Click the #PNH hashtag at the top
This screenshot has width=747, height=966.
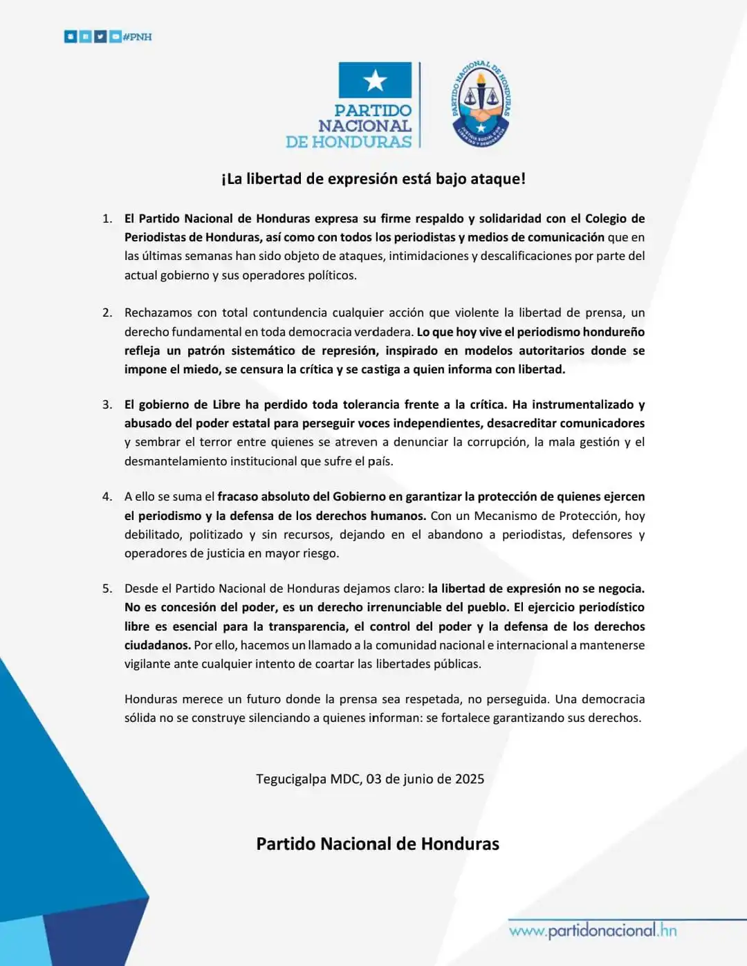pyautogui.click(x=137, y=37)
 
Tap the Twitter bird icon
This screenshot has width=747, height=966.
pyautogui.click(x=100, y=37)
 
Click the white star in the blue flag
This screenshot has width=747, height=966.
pyautogui.click(x=375, y=81)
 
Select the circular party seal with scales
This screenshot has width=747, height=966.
pyautogui.click(x=481, y=104)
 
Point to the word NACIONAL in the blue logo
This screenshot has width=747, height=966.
pyautogui.click(x=365, y=126)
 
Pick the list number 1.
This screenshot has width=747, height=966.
pyautogui.click(x=107, y=219)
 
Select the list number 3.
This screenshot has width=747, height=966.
pyautogui.click(x=107, y=405)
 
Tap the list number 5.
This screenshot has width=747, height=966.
pyautogui.click(x=107, y=588)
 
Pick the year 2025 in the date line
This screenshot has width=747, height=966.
pyautogui.click(x=470, y=779)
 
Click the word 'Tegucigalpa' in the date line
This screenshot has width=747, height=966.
pyautogui.click(x=290, y=779)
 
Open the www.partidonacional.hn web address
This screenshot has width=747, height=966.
pyautogui.click(x=593, y=931)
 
